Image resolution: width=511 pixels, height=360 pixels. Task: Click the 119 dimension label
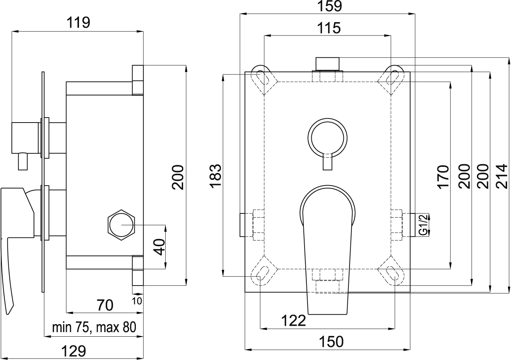click(78, 23)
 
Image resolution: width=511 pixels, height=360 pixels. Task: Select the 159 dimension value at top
click(329, 6)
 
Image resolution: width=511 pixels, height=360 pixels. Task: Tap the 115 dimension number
click(329, 28)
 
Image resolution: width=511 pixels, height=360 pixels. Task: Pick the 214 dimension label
click(502, 176)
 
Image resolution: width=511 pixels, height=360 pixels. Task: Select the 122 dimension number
click(293, 321)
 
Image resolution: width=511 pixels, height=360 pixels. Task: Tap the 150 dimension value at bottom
click(331, 342)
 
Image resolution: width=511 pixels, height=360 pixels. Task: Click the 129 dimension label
click(74, 351)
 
